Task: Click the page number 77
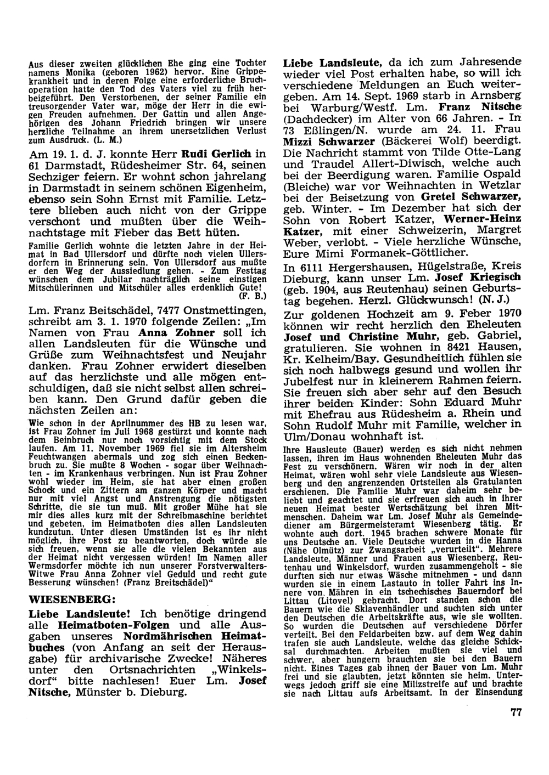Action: pos(515,712)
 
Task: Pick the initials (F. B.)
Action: pos(253,296)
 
